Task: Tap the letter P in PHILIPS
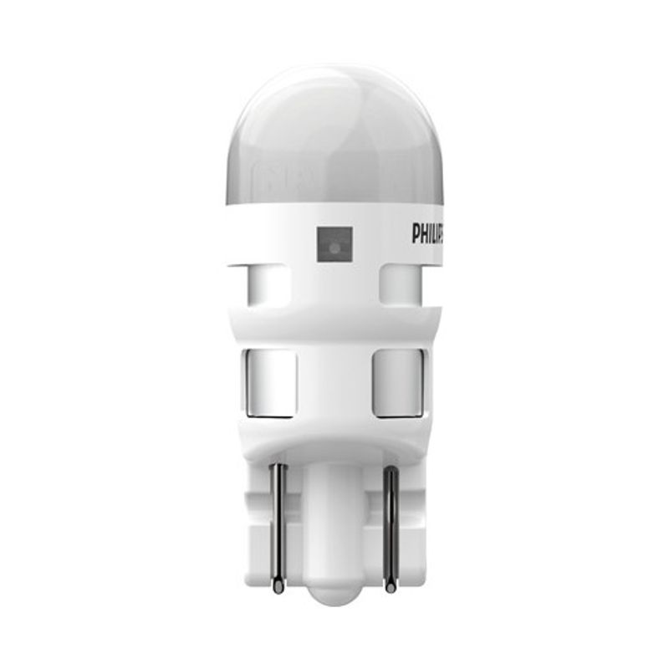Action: click(414, 233)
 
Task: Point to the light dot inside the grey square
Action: click(333, 245)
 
